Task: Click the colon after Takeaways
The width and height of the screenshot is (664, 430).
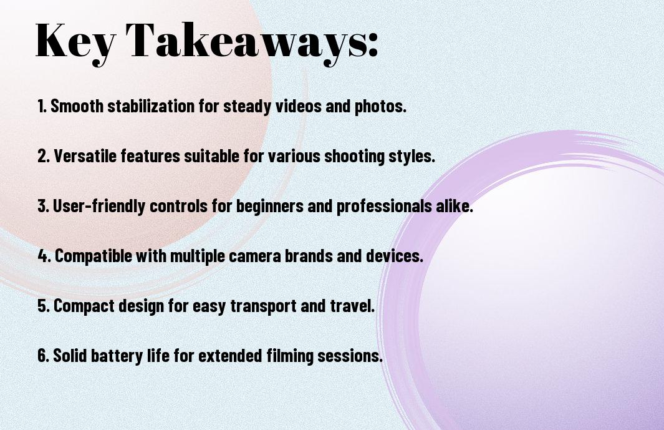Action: point(373,45)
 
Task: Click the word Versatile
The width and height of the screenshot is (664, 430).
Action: point(85,156)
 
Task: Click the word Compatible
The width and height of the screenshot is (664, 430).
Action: point(94,256)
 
